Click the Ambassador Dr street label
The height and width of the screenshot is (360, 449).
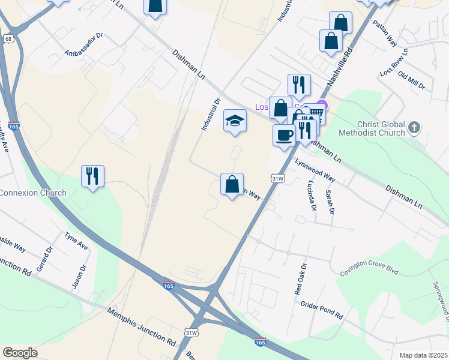point(84,44)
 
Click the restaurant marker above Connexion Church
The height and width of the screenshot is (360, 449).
point(92,176)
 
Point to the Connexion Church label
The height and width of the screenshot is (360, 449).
point(33,193)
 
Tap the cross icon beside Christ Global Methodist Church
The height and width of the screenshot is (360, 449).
point(414,127)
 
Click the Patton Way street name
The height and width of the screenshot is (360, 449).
point(385,34)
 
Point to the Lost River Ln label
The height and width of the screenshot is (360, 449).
point(394,62)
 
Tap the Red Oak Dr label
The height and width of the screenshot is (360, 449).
point(300,278)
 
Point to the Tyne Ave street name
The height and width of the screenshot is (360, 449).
point(76,242)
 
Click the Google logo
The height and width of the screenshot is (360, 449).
point(20,353)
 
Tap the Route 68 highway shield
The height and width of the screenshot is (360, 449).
point(7,39)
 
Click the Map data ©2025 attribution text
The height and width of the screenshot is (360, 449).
point(423,355)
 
